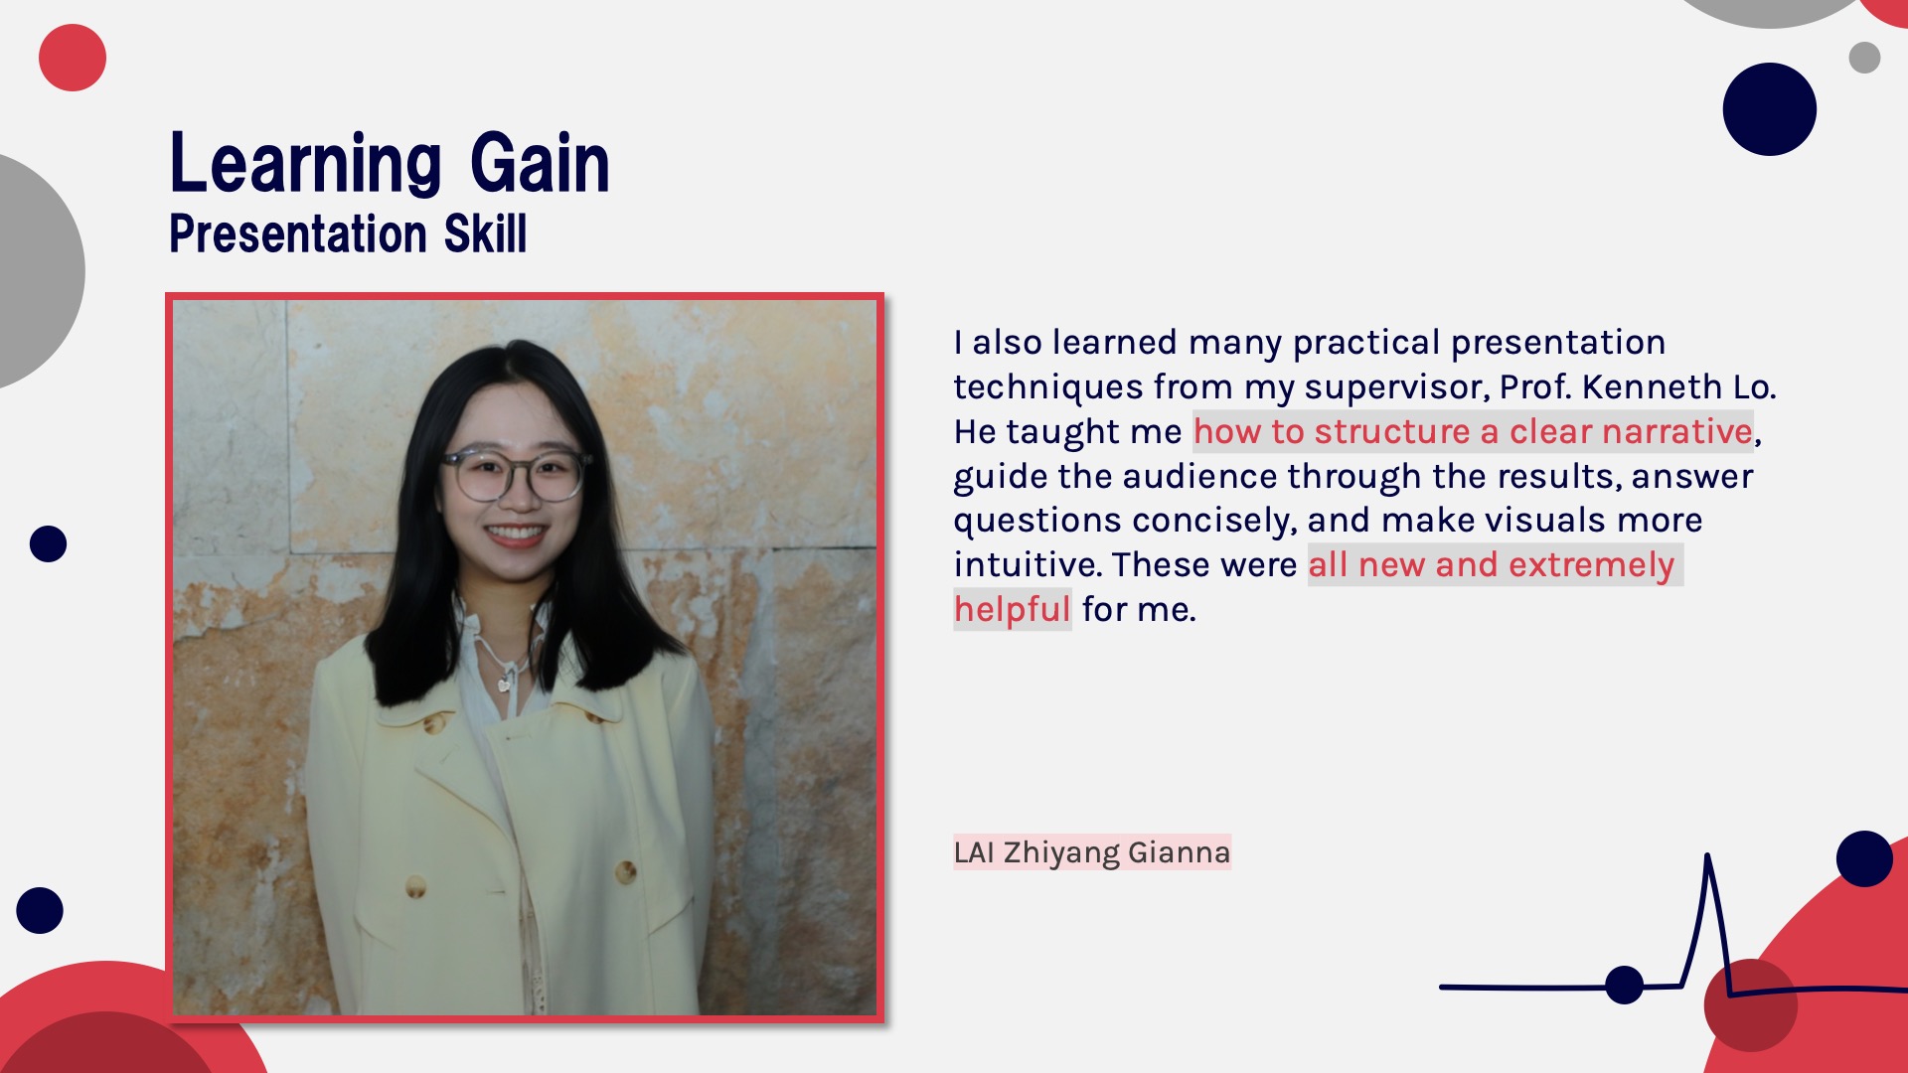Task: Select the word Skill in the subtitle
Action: point(485,233)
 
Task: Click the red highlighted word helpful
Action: point(1012,609)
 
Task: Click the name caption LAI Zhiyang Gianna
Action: point(1092,852)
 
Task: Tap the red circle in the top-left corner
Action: point(73,58)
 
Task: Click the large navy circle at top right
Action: point(1770,109)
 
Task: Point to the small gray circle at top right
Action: point(1864,58)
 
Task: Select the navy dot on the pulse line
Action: point(1625,985)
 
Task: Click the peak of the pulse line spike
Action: point(1707,854)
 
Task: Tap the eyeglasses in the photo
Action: point(515,474)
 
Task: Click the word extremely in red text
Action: point(1592,565)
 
